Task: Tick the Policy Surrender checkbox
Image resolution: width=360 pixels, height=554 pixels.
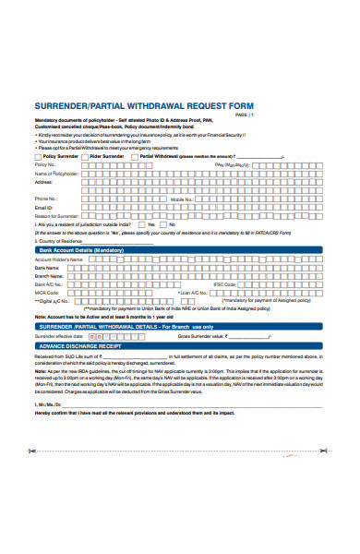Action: (38, 157)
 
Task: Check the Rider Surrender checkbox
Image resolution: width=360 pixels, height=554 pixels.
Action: (88, 157)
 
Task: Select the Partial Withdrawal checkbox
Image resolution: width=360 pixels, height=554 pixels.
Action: (136, 157)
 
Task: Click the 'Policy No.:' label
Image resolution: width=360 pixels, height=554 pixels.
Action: (45, 164)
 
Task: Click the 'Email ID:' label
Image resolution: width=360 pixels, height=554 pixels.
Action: (44, 207)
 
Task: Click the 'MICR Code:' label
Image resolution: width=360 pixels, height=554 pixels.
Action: (47, 293)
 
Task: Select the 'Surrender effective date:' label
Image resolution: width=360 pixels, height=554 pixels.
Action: (59, 335)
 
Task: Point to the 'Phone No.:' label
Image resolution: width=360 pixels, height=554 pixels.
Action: (46, 199)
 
